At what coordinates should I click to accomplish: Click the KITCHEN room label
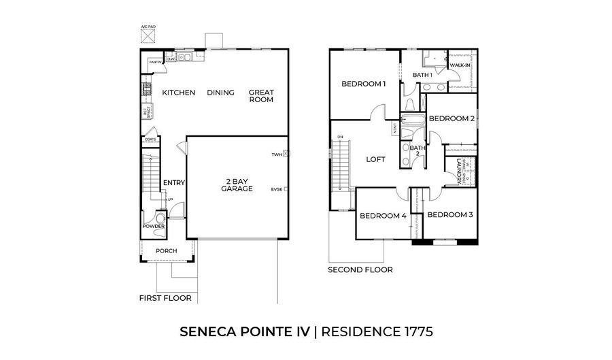[x=179, y=93]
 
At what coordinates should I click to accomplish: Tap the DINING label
[x=221, y=93]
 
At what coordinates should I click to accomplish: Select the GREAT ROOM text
[x=261, y=96]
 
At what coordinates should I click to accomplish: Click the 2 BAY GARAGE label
[x=237, y=185]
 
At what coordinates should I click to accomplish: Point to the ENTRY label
[x=174, y=182]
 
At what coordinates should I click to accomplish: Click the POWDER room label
[x=154, y=227]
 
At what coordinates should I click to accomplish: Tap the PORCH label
[x=166, y=251]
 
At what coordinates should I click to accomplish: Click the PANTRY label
[x=154, y=61]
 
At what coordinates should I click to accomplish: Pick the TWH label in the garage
[x=276, y=154]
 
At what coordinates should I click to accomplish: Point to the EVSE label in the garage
[x=276, y=189]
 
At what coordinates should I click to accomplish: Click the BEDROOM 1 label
[x=363, y=84]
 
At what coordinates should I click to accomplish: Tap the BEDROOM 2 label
[x=452, y=118]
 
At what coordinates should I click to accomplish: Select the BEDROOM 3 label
[x=449, y=215]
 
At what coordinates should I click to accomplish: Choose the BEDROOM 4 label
[x=383, y=216]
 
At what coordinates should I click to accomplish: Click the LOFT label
[x=376, y=160]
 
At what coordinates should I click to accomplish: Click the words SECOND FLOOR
[x=360, y=270]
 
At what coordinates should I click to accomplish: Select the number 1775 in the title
[x=410, y=331]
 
